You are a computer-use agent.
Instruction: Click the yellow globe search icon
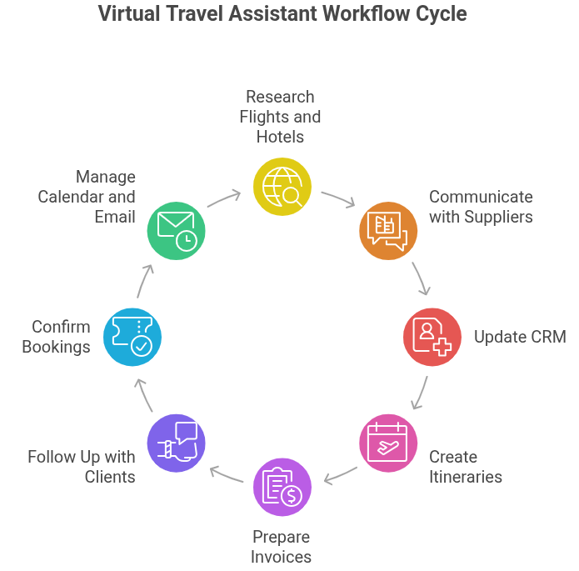tap(282, 188)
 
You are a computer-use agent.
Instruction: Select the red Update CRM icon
tap(432, 337)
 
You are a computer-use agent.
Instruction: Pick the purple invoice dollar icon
tap(282, 487)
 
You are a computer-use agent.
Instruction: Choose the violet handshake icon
tap(177, 443)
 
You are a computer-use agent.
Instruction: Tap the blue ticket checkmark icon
tap(132, 337)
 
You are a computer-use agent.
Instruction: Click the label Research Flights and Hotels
tap(280, 117)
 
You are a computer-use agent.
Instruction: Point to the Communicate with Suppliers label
tap(481, 207)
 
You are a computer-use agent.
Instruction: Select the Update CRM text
tap(520, 337)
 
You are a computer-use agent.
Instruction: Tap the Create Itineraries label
tap(466, 467)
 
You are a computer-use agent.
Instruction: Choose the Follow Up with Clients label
tap(81, 467)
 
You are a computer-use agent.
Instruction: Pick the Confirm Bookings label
tap(56, 337)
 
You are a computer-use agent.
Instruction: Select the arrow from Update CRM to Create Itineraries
tap(421, 393)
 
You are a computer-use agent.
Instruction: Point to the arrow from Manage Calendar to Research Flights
tap(224, 199)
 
